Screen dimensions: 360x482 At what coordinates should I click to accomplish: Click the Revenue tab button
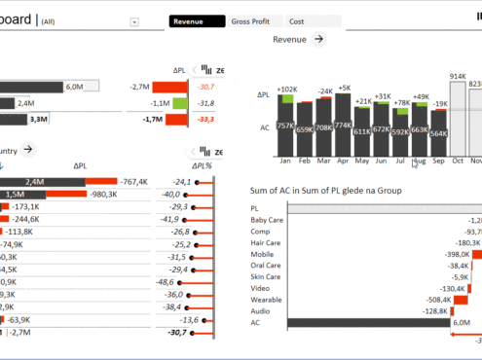(193, 20)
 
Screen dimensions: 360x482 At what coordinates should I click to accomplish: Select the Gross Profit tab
(250, 20)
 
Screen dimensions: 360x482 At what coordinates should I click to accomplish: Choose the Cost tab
(297, 20)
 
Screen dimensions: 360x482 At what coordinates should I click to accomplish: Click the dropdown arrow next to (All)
(133, 21)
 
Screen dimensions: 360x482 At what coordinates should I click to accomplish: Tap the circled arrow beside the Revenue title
(318, 39)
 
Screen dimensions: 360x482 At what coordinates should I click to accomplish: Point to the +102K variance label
(286, 90)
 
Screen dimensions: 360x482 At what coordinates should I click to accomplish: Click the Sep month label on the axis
(438, 161)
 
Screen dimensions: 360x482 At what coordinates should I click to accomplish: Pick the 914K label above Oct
(457, 76)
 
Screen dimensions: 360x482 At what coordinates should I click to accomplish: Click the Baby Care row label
(266, 220)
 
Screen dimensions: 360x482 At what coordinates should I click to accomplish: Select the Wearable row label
(266, 299)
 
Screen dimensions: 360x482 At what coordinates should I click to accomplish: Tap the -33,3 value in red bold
(204, 120)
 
